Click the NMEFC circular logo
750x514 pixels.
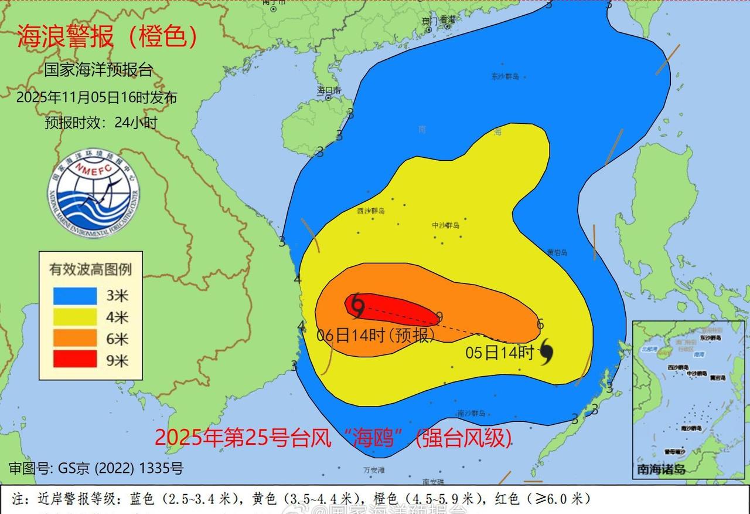pyautogui.click(x=94, y=194)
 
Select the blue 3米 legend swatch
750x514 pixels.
pyautogui.click(x=75, y=296)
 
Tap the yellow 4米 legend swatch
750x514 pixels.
pyautogui.click(x=75, y=317)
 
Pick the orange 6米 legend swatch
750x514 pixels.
pyautogui.click(x=75, y=338)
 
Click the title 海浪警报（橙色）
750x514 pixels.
pyautogui.click(x=107, y=37)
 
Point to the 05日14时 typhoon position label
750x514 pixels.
pyautogui.click(x=500, y=353)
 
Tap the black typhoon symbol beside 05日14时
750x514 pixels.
pyautogui.click(x=547, y=351)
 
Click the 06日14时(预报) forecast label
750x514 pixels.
pyautogui.click(x=376, y=336)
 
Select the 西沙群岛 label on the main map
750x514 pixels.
pyautogui.click(x=370, y=211)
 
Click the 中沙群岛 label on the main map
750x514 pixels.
pyautogui.click(x=445, y=225)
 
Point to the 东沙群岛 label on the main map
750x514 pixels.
pyautogui.click(x=504, y=76)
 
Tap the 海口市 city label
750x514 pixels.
pyautogui.click(x=329, y=90)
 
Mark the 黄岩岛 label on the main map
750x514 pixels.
pyautogui.click(x=557, y=252)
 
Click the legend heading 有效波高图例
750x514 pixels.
pyautogui.click(x=90, y=269)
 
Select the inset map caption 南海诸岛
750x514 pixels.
pyautogui.click(x=662, y=469)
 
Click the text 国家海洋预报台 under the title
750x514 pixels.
pyautogui.click(x=98, y=70)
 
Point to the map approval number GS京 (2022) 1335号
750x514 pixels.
pyautogui.click(x=96, y=468)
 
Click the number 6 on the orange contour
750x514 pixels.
pyautogui.click(x=540, y=324)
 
